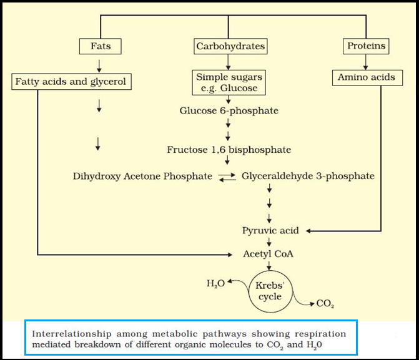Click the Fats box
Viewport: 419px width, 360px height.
click(x=100, y=46)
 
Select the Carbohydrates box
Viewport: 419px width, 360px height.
click(x=230, y=46)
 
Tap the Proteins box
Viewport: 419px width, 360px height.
click(x=366, y=46)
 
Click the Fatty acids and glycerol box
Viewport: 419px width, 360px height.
click(x=71, y=82)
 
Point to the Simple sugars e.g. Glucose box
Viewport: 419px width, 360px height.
click(x=229, y=82)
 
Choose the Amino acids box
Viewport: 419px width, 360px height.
click(x=367, y=78)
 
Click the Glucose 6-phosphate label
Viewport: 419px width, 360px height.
click(x=229, y=111)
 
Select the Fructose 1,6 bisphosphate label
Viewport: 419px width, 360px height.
click(x=229, y=150)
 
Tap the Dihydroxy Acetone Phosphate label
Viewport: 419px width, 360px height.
click(x=143, y=177)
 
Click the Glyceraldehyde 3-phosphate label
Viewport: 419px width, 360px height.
click(x=308, y=177)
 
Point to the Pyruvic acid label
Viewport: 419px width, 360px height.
click(x=270, y=230)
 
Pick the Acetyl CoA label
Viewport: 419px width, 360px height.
click(x=268, y=254)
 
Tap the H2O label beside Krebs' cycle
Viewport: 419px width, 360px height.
click(x=215, y=283)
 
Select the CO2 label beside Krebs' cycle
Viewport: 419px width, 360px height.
click(x=325, y=304)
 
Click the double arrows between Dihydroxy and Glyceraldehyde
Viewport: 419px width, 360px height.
click(x=227, y=177)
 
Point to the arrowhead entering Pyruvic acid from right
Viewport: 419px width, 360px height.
click(x=308, y=231)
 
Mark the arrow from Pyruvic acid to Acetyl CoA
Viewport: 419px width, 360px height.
click(x=269, y=242)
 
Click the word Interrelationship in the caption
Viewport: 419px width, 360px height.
click(x=72, y=334)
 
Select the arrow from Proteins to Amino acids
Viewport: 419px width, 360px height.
click(x=365, y=62)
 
